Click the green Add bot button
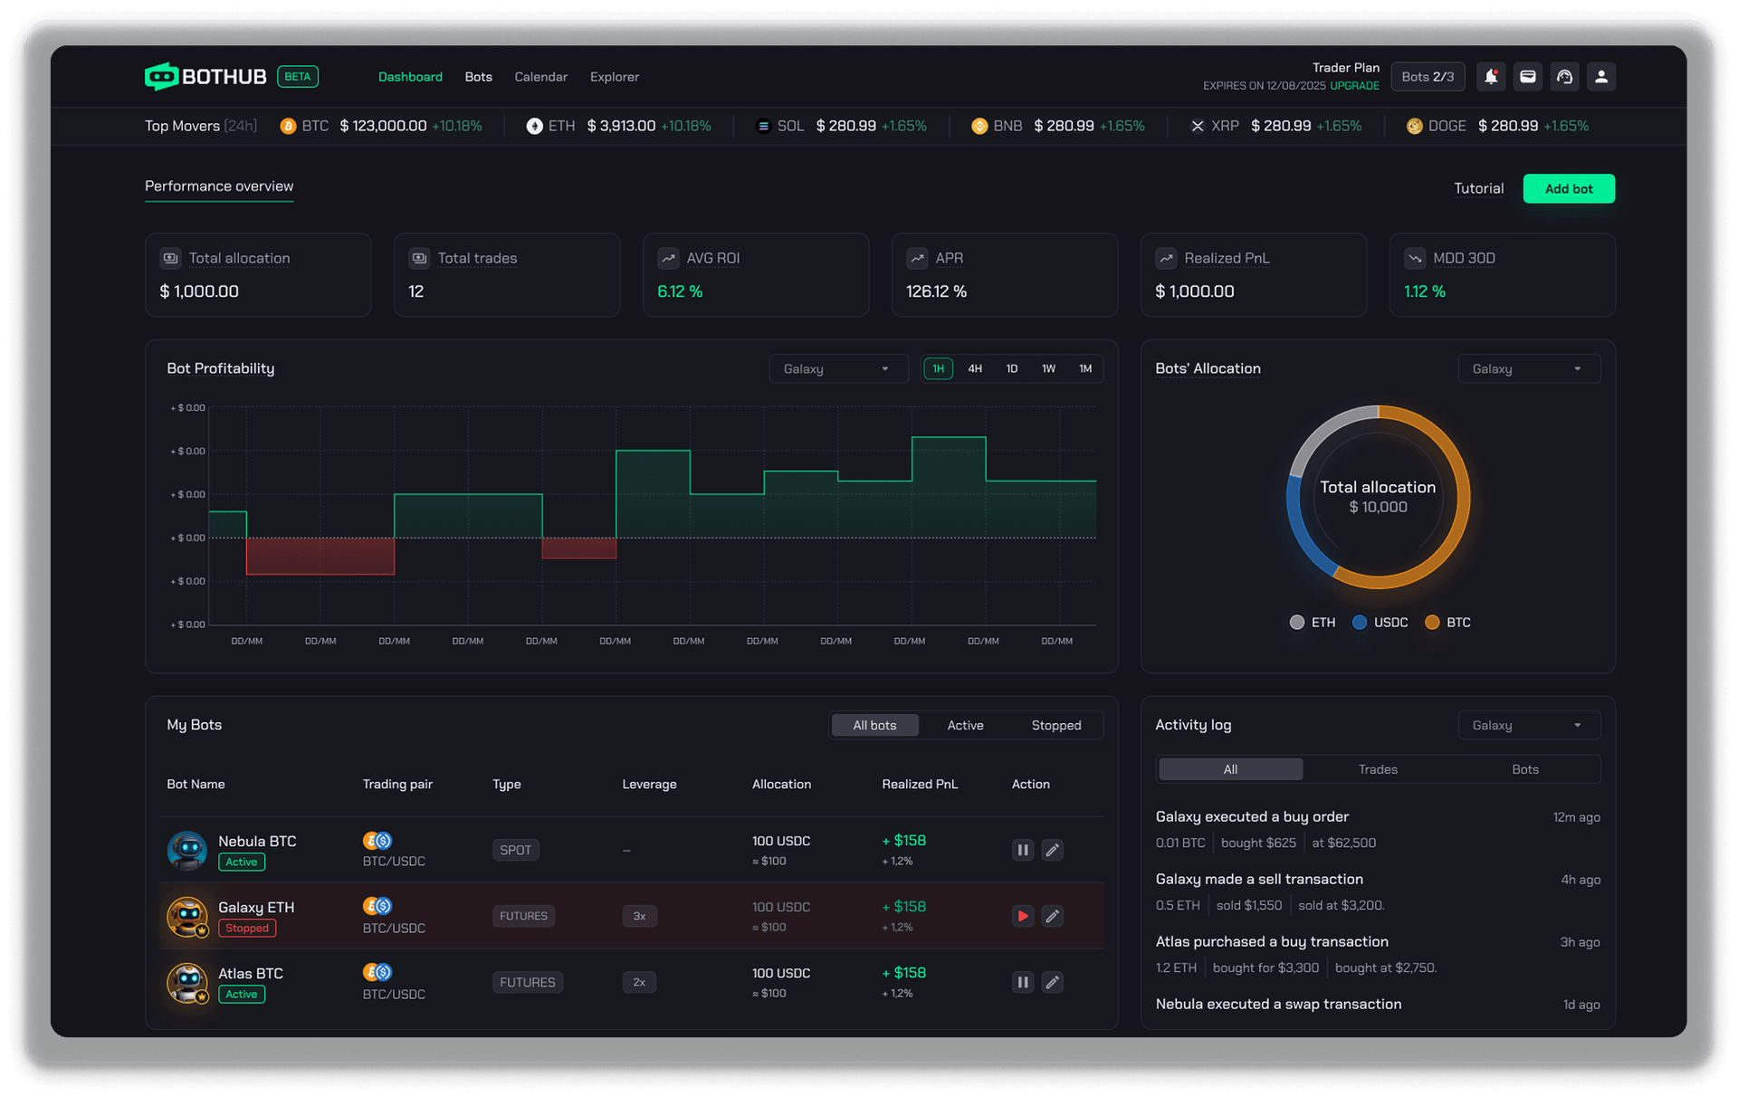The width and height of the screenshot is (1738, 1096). tap(1568, 188)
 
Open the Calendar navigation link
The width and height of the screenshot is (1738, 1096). tap(540, 77)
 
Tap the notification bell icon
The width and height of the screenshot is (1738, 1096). tap(1491, 77)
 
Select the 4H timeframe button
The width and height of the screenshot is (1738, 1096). tap(974, 368)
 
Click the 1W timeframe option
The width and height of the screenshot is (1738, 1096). tap(1048, 368)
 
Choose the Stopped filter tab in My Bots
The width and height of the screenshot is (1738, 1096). tap(1055, 725)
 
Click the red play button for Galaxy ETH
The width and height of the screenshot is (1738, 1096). tap(1022, 916)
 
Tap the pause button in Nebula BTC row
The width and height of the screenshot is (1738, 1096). tap(1022, 850)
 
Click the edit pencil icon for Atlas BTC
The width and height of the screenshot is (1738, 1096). tap(1052, 982)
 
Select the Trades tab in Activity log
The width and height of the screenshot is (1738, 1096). tap(1377, 769)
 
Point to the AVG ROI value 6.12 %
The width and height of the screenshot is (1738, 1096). tap(680, 291)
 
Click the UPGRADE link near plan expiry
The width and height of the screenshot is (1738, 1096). tap(1354, 86)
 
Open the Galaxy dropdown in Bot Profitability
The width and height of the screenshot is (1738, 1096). tap(837, 368)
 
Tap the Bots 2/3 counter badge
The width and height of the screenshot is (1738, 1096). tap(1428, 77)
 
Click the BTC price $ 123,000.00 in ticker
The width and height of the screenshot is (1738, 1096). tap(383, 126)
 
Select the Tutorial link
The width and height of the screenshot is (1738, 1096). tap(1478, 188)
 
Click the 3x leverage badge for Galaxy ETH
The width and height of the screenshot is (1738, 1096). tap(639, 916)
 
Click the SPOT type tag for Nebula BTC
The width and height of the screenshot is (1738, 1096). tap(515, 850)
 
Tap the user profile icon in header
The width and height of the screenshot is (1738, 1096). tap(1600, 77)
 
